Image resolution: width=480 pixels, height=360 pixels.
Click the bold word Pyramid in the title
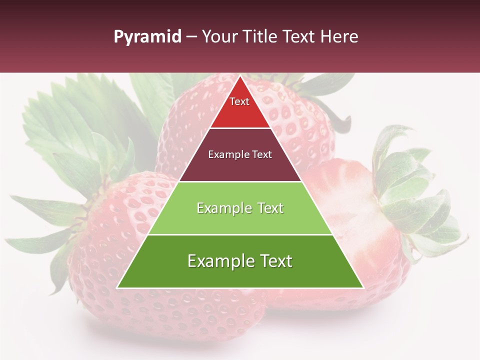[147, 37]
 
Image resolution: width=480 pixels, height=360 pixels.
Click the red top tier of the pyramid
[240, 112]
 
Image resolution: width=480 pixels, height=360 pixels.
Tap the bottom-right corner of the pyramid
[363, 287]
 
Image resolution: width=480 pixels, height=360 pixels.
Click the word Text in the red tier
[239, 101]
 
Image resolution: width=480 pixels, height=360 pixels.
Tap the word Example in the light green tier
[219, 208]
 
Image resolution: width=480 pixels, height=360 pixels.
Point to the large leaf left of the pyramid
[75, 125]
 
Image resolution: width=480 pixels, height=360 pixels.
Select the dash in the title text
[191, 37]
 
